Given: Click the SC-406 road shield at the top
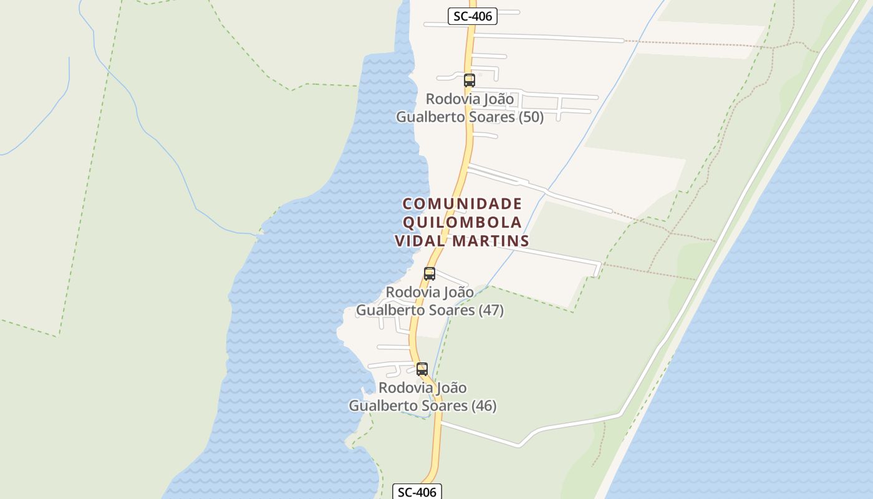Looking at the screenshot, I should click(x=473, y=16).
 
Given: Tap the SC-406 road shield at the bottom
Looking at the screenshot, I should click(x=417, y=492).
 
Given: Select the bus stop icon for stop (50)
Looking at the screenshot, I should click(x=470, y=80).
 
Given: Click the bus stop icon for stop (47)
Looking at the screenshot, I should click(x=430, y=273).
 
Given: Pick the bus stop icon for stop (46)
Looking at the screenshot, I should click(x=422, y=369).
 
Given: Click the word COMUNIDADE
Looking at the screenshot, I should click(x=462, y=204).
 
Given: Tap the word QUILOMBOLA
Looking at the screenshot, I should click(x=462, y=222).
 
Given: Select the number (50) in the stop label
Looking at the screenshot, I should click(x=531, y=117).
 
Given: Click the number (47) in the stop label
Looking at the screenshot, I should click(x=491, y=310).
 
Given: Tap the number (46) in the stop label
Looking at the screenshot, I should click(x=484, y=406).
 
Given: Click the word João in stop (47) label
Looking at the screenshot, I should click(x=459, y=292).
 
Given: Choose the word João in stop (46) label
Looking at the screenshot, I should click(x=452, y=388).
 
